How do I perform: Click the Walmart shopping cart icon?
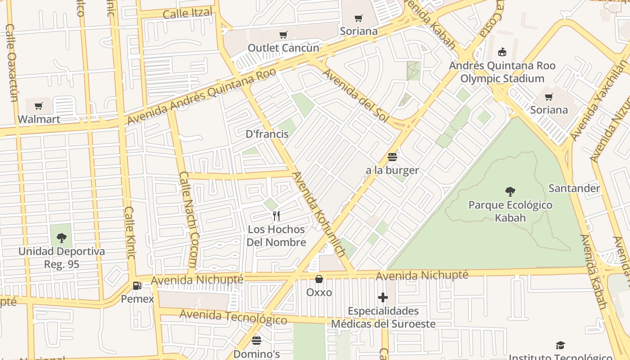pyautogui.click(x=39, y=106)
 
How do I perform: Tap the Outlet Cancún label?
pyautogui.click(x=283, y=48)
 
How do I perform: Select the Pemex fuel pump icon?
pyautogui.click(x=137, y=285)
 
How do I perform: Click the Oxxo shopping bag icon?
pyautogui.click(x=319, y=279)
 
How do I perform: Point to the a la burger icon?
pyautogui.click(x=392, y=157)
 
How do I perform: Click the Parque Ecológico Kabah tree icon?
pyautogui.click(x=510, y=192)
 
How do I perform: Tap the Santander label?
pyautogui.click(x=574, y=188)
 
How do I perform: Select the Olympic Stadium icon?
pyautogui.click(x=502, y=52)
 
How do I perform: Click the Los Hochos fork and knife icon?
pyautogui.click(x=276, y=216)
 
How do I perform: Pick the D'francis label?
pyautogui.click(x=267, y=134)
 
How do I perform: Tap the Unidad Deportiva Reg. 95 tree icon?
pyautogui.click(x=61, y=238)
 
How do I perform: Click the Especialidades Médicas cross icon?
pyautogui.click(x=383, y=297)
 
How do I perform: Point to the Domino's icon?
pyautogui.click(x=256, y=341)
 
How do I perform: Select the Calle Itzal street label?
pyautogui.click(x=187, y=13)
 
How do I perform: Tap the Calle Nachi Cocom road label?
pyautogui.click(x=189, y=219)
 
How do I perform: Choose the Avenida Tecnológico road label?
pyautogui.click(x=233, y=317)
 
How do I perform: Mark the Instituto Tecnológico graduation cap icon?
pyautogui.click(x=560, y=345)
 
